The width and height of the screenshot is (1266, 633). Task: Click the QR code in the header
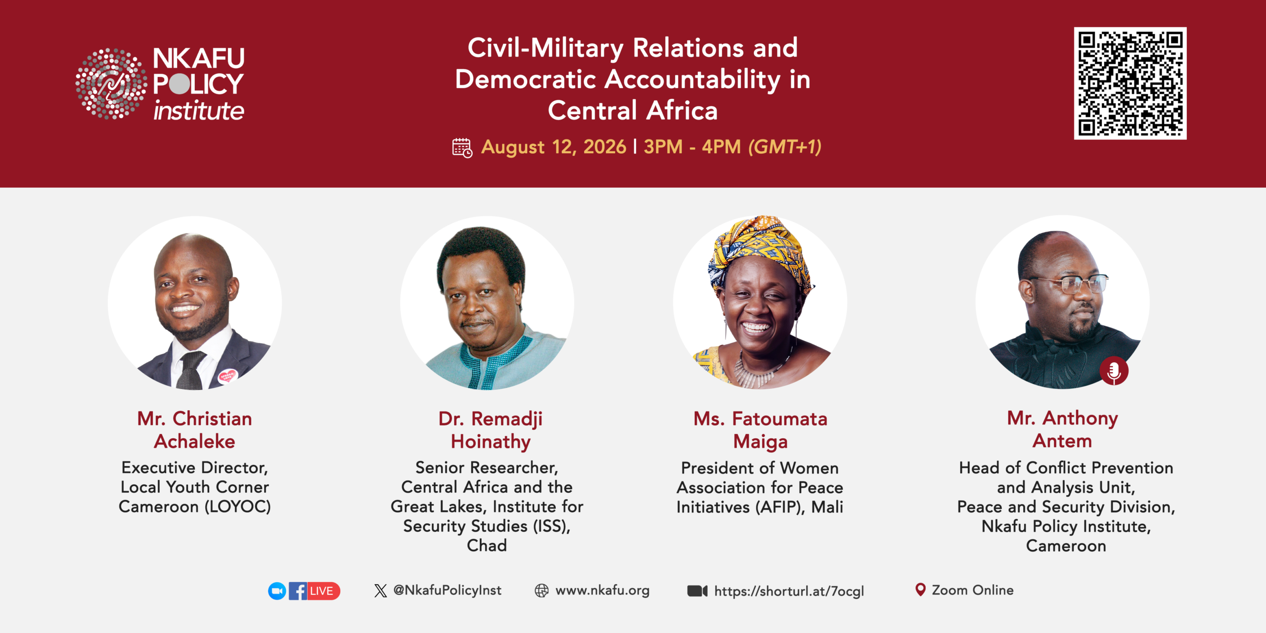1130,83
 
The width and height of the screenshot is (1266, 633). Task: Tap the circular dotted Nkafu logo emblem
111,84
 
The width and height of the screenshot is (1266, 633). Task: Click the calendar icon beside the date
462,148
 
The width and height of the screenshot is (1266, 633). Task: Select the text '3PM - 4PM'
692,147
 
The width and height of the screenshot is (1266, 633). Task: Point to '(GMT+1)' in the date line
785,147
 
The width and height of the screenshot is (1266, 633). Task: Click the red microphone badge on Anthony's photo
1114,371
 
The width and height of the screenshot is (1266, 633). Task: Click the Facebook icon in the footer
298,591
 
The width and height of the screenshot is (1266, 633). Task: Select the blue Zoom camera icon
277,591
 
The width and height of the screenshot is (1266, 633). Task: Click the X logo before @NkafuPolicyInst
380,591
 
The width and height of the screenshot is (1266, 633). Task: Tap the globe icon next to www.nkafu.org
542,591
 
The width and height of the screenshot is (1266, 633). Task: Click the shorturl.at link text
789,591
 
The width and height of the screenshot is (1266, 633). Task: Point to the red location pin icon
920,590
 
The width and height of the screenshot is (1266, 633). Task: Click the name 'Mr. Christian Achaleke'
195,430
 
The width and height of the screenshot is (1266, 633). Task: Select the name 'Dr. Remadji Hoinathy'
491,430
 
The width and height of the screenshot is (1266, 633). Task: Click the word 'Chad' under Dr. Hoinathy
487,546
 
